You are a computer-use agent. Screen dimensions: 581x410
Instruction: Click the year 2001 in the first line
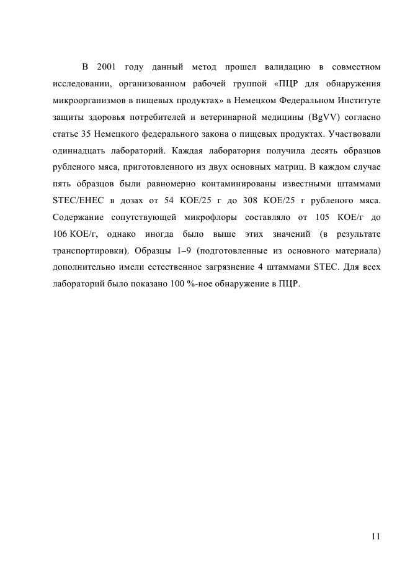[x=107, y=66]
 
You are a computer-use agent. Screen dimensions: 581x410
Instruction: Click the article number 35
[x=86, y=134]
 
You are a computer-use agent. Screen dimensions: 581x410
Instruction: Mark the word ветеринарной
[x=235, y=117]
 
